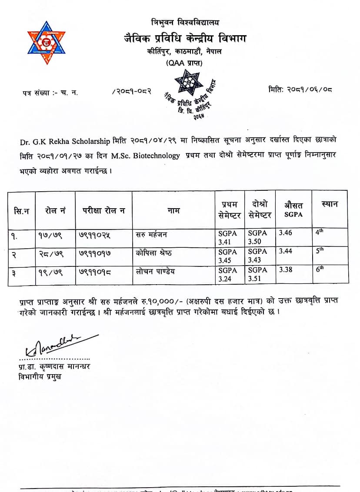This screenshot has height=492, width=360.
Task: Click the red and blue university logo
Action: [x=46, y=43]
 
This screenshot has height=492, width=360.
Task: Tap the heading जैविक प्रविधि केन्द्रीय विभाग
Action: [x=184, y=39]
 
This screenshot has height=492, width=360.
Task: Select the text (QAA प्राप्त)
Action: [x=184, y=63]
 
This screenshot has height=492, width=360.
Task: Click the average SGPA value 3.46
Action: [x=286, y=233]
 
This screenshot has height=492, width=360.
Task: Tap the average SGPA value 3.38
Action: [x=286, y=270]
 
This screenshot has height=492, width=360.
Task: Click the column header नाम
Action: [x=173, y=211]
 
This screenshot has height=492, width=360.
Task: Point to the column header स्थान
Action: [x=329, y=204]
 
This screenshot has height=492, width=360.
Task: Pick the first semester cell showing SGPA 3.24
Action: [x=227, y=275]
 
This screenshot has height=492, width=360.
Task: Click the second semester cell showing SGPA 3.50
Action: [x=257, y=237]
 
